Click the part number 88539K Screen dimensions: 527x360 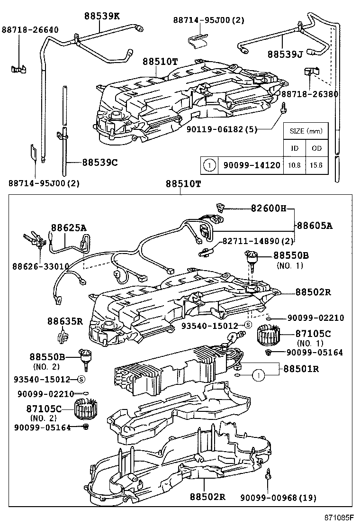102,16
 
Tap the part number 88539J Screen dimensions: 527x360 284,54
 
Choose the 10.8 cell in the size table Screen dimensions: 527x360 294,165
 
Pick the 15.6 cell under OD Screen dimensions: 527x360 316,165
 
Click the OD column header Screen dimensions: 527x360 316,148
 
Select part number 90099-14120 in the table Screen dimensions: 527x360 249,165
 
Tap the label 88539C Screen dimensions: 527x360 99,162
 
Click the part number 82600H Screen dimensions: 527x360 269,209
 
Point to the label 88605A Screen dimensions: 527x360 315,226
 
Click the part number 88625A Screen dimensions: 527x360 69,228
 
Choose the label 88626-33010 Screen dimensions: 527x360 41,266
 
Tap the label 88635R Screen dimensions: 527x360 65,321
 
